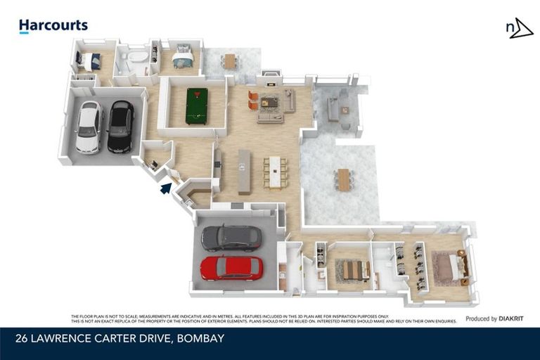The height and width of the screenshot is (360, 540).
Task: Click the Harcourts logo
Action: [53, 26]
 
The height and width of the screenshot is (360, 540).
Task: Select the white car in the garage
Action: [89, 127]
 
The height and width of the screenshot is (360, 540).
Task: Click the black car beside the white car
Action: [120, 126]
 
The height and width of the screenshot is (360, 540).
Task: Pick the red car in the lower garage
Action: [231, 267]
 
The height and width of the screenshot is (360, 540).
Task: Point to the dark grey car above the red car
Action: [231, 238]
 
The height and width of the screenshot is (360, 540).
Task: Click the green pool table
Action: [197, 105]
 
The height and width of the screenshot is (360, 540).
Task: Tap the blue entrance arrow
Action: [165, 188]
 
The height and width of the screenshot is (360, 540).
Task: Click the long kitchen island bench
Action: [244, 171]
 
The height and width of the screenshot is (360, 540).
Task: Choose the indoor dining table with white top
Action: [274, 171]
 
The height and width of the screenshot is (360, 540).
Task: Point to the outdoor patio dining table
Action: [343, 179]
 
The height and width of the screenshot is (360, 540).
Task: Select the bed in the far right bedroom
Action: [451, 266]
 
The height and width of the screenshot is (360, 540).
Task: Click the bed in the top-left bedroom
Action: [90, 61]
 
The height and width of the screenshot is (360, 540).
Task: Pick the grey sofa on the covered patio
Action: [334, 110]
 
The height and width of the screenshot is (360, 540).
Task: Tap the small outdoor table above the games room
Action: [230, 61]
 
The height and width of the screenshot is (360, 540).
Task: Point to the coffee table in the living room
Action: [270, 103]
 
